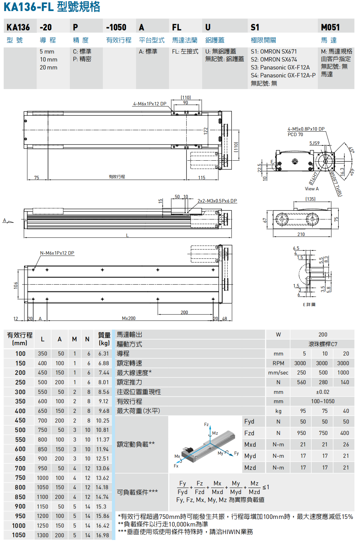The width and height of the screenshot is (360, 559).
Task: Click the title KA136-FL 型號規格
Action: click(52, 7)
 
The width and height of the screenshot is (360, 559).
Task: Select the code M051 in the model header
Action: click(330, 27)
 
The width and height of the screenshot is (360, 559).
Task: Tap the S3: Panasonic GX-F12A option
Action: click(280, 67)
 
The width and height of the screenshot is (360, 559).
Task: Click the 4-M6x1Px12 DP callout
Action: click(150, 104)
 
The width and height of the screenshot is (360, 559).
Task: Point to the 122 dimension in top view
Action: click(206, 131)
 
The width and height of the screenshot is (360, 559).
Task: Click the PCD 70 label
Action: click(295, 134)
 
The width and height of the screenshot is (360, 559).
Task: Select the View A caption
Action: click(312, 189)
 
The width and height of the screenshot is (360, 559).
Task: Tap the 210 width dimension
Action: click(301, 234)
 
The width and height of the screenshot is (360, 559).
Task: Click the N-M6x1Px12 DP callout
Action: click(57, 253)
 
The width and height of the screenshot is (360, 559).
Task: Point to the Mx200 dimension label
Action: click(129, 318)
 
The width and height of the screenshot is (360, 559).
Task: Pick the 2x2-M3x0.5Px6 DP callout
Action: click(217, 201)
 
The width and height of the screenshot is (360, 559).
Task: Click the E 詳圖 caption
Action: click(309, 304)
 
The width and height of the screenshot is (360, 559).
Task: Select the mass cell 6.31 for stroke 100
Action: click(104, 354)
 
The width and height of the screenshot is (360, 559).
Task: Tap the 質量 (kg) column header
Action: click(104, 339)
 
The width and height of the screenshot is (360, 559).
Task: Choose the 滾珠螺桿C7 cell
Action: click(323, 344)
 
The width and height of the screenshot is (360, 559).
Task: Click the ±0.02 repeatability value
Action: click(323, 392)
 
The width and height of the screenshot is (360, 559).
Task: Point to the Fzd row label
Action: click(249, 433)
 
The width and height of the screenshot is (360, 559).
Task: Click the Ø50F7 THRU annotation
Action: click(336, 184)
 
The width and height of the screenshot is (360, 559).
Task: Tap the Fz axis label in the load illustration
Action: click(206, 424)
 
